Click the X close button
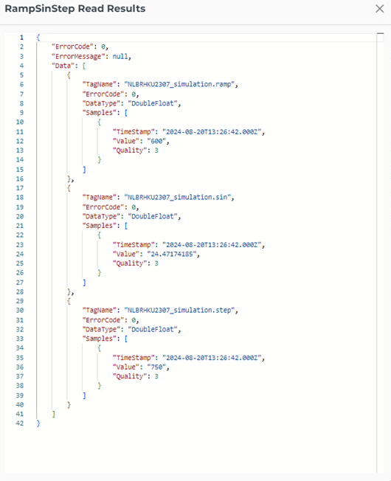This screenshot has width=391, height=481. coord(380,9)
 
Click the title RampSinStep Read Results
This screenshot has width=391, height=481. coord(75,9)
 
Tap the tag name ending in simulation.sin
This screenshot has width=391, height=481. coord(178,197)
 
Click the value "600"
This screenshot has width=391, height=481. coord(156,141)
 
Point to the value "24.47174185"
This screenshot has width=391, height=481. coord(172,254)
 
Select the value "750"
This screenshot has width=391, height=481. coord(156,367)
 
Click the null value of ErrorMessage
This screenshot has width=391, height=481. coord(120,57)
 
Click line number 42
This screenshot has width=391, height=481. coord(20,423)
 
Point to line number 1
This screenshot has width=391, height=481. coord(21,38)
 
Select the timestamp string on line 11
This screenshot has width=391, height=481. coord(212,132)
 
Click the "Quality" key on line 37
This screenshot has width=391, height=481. coord(130,376)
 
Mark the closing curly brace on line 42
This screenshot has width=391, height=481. coord(38,423)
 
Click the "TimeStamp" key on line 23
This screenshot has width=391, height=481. coord(134,245)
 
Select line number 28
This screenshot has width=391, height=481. coord(20,291)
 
